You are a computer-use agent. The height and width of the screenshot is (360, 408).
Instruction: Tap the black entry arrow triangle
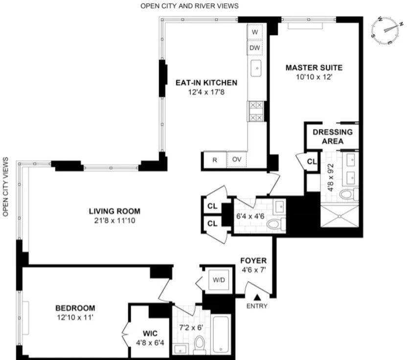pos(257,297)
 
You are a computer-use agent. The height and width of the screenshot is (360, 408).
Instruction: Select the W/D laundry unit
pos(219,280)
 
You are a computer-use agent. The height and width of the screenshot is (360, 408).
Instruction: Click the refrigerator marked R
pos(215,160)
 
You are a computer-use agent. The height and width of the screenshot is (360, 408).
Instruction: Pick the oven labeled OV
pos(236,159)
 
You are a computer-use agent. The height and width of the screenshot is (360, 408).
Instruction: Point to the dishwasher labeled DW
pos(255,47)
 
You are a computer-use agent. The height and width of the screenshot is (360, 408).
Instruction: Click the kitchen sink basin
pos(256,68)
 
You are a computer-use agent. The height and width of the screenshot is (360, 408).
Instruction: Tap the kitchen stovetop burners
pos(255,112)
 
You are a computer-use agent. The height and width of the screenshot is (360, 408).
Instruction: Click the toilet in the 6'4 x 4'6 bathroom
pos(275,224)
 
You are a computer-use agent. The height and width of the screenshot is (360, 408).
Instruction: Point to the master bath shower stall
pos(340,216)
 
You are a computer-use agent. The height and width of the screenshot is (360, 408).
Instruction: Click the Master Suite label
pos(314,67)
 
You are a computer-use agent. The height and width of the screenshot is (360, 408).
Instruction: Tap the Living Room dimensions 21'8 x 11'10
pos(115,221)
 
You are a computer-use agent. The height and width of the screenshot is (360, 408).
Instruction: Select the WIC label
pos(150,334)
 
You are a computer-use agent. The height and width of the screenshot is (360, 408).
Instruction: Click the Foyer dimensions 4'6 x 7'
pos(254,270)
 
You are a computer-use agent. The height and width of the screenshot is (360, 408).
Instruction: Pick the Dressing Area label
pos(333,136)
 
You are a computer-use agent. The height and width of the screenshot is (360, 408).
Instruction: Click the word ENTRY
pos(257,306)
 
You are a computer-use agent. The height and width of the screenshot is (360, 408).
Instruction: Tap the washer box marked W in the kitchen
pos(255,32)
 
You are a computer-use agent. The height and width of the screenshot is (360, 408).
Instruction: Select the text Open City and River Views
pos(189,6)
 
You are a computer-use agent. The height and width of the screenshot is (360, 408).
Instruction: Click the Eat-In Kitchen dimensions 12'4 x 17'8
pos(206,92)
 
